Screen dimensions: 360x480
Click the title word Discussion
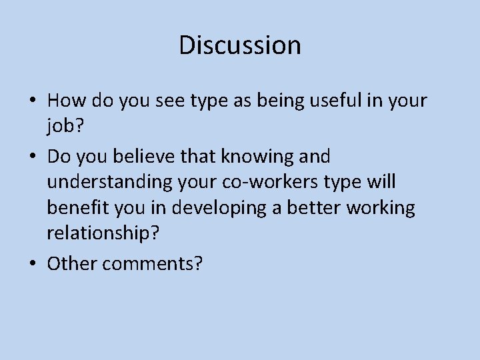click(x=240, y=45)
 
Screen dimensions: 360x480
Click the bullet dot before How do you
click(x=32, y=101)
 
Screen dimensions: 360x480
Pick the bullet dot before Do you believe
click(x=32, y=157)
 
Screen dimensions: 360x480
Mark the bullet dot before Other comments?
click(x=32, y=265)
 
